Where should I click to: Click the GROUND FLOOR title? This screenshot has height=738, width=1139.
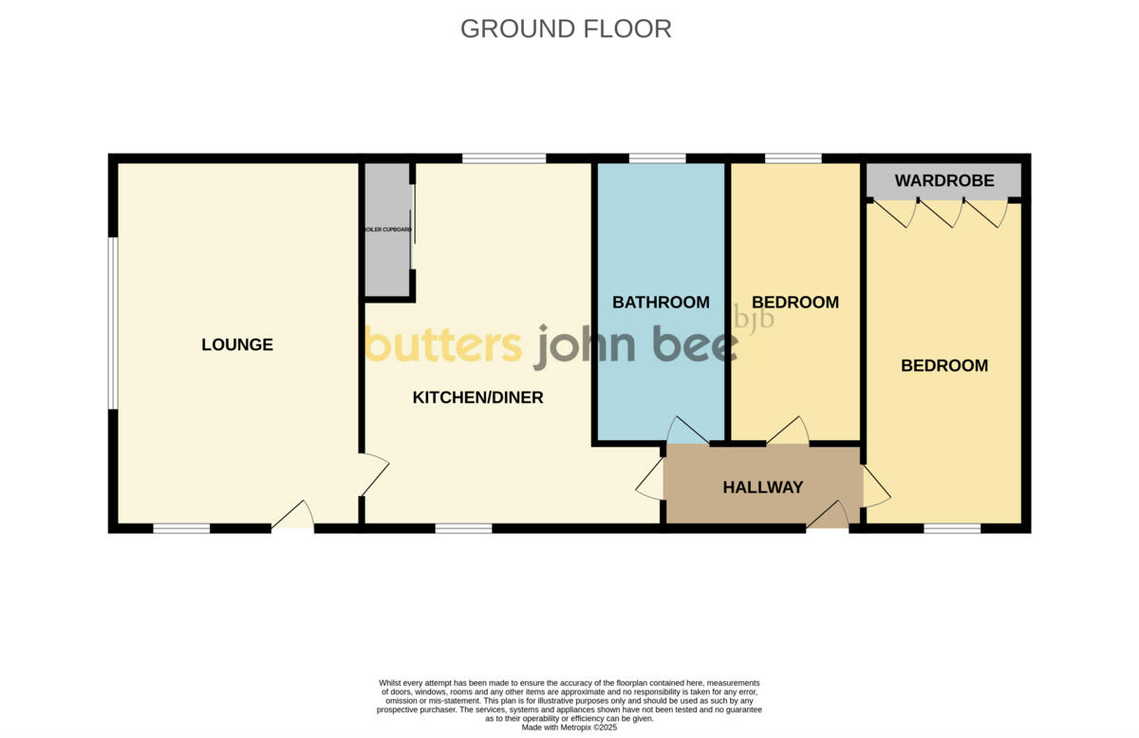[x=566, y=28]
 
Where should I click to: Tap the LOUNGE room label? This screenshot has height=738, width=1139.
[x=237, y=344]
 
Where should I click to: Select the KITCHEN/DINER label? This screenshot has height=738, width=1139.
[x=477, y=397]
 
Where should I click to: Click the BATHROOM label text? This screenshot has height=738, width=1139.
[x=661, y=303]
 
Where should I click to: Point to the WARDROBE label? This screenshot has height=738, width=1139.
[x=943, y=180]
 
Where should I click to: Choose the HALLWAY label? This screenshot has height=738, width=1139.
[x=762, y=488]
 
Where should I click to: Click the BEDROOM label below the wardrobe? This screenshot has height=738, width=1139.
[x=943, y=365]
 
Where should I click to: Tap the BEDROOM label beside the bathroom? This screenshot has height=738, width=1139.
[x=794, y=303]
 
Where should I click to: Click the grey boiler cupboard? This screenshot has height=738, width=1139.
[x=385, y=231]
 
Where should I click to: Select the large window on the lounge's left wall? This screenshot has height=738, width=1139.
[x=112, y=323]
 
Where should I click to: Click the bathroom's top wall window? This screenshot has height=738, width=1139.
[x=657, y=158]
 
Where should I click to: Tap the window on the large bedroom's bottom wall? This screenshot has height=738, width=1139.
[x=952, y=528]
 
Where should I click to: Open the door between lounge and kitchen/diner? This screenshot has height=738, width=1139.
[x=373, y=474]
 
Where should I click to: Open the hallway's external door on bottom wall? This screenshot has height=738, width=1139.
[x=828, y=517]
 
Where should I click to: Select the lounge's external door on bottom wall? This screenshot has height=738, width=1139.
[x=294, y=517]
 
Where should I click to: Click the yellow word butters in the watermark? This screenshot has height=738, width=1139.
[x=443, y=345]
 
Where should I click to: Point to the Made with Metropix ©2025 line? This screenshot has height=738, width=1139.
[x=569, y=728]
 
